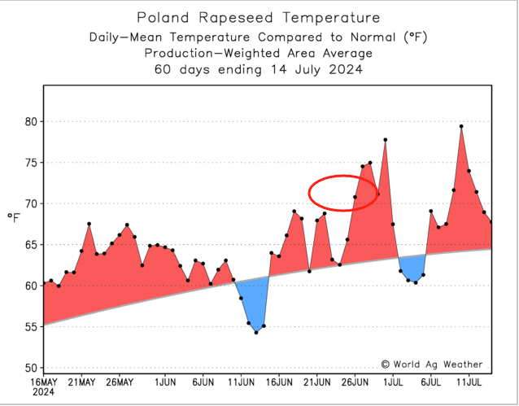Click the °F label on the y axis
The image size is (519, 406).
click(x=14, y=218)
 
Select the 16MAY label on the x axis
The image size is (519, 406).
click(x=43, y=381)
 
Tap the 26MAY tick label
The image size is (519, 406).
click(x=119, y=381)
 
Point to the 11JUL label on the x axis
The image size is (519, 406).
click(x=468, y=381)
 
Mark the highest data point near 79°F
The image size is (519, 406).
click(x=461, y=126)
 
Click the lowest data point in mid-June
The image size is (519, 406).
click(x=256, y=332)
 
